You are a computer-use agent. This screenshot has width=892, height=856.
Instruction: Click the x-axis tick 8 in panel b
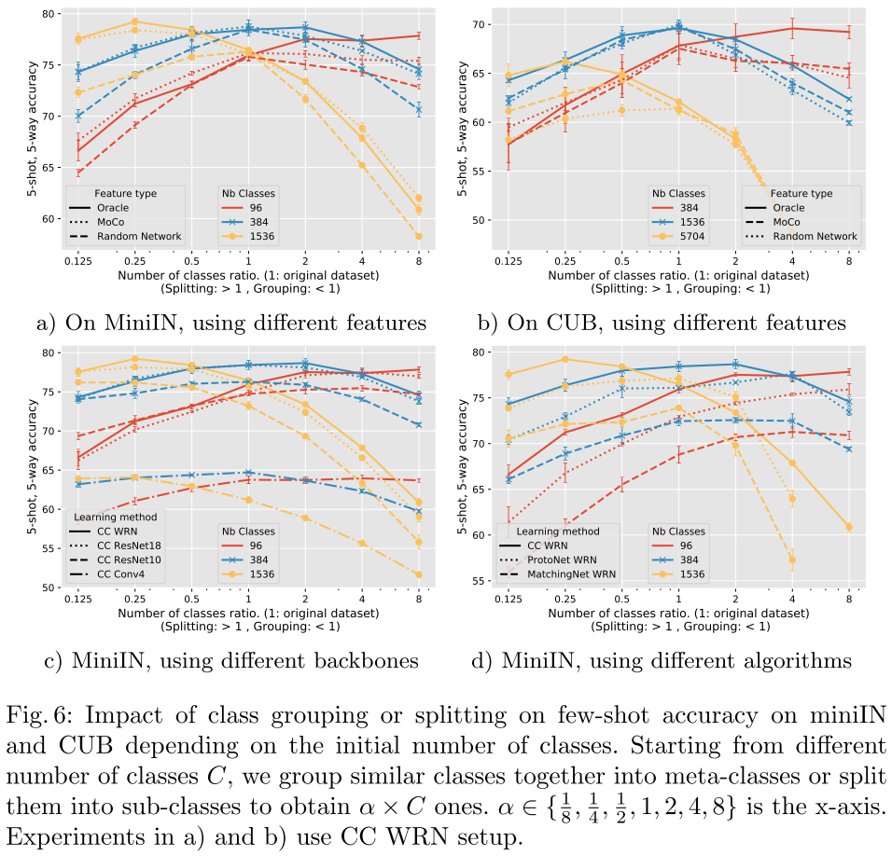pyautogui.click(x=848, y=263)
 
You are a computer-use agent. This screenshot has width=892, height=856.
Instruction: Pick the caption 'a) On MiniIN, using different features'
pyautogui.click(x=230, y=324)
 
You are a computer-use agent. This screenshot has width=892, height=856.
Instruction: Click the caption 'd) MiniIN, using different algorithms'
pyautogui.click(x=676, y=661)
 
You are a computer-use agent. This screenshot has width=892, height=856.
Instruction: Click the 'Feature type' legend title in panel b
pyautogui.click(x=801, y=193)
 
